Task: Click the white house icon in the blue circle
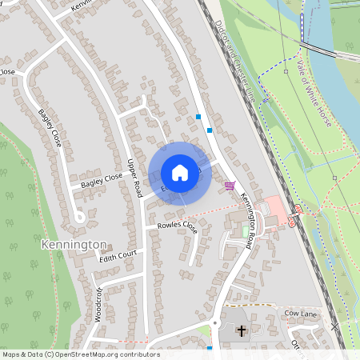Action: (180, 173)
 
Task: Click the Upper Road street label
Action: (134, 178)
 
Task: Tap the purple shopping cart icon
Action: (230, 186)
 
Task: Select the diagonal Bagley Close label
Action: (49, 127)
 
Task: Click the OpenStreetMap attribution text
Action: (80, 354)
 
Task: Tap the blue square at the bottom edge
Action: (209, 349)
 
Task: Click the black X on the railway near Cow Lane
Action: (334, 327)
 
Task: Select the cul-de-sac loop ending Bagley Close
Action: (79, 216)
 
